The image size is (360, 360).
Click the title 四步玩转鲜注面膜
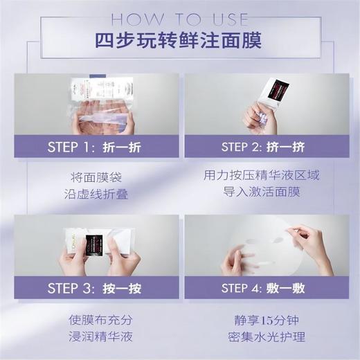click(x=179, y=39)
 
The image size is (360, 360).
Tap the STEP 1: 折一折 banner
click(x=92, y=147)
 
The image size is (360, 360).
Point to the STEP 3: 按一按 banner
click(x=92, y=287)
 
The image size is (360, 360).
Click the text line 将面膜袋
click(x=92, y=177)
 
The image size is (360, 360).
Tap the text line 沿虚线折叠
click(x=92, y=195)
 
